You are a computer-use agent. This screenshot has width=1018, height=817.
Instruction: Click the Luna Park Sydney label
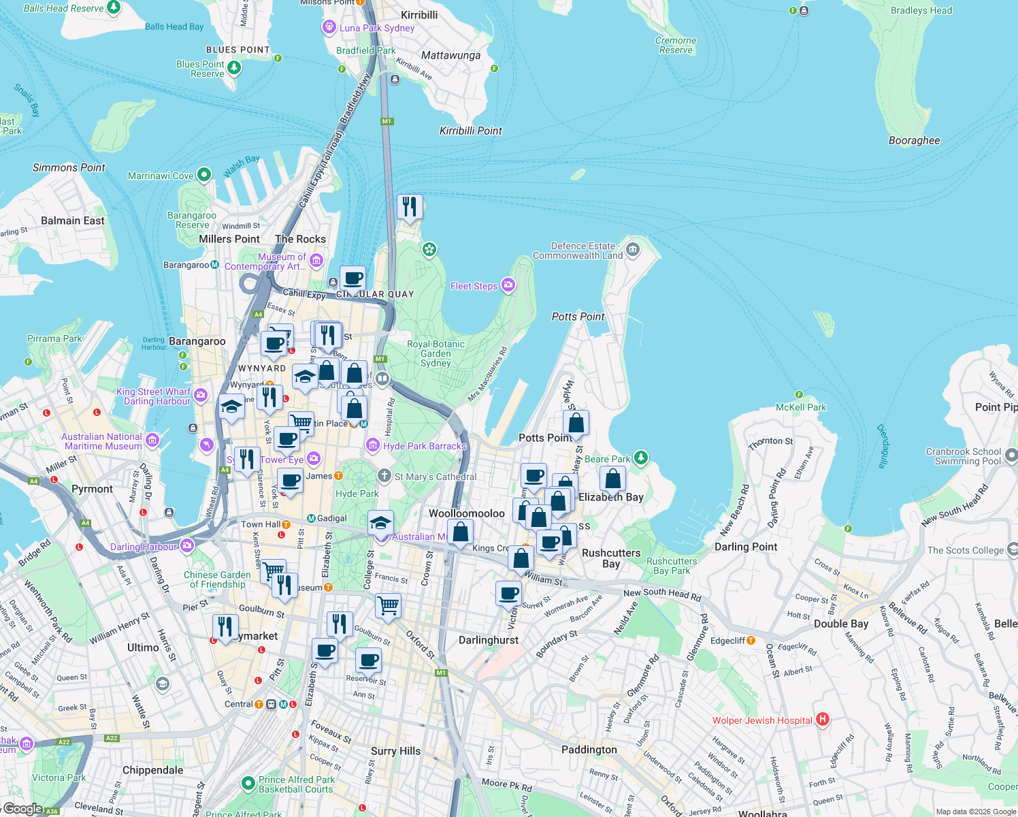click(x=377, y=28)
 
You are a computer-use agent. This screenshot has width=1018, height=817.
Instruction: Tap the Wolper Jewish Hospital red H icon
click(x=823, y=719)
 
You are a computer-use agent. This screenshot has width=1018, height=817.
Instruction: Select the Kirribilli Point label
click(x=471, y=131)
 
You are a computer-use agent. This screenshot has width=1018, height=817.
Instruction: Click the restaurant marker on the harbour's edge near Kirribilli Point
click(x=410, y=206)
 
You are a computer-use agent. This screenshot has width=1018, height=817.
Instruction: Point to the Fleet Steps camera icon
click(x=508, y=285)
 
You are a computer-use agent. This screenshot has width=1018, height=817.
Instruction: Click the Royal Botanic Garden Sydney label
click(x=436, y=353)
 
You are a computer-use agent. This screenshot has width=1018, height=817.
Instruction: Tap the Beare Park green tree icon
click(x=640, y=458)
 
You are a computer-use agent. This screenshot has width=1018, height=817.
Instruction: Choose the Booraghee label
click(x=914, y=141)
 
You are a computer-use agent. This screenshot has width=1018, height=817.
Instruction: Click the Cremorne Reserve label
click(x=676, y=45)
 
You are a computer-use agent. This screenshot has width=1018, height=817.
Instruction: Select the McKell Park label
click(x=801, y=407)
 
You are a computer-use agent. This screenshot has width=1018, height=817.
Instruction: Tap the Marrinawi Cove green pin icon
click(x=204, y=175)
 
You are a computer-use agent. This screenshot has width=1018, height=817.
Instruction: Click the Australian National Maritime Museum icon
click(x=152, y=440)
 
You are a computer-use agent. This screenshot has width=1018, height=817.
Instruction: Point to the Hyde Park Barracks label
click(x=424, y=446)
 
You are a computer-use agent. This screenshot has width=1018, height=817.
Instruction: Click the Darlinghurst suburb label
click(x=489, y=640)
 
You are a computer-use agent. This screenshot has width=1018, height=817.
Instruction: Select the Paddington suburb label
click(x=589, y=750)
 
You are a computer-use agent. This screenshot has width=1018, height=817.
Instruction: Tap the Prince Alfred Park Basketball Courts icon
click(x=248, y=784)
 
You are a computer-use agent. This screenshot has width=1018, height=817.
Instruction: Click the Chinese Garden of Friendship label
click(x=217, y=579)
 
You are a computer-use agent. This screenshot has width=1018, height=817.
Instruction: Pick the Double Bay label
click(x=841, y=624)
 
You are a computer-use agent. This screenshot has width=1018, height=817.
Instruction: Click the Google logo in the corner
click(x=22, y=809)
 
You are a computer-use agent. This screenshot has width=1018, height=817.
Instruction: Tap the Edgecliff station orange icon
click(x=751, y=641)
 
